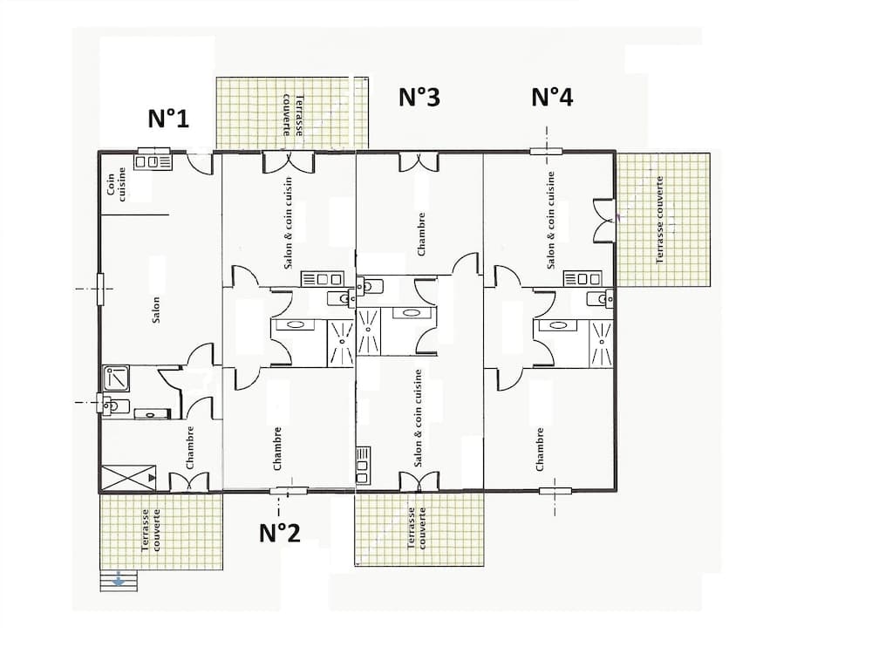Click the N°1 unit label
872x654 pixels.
(x=168, y=119)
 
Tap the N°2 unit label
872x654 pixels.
(x=279, y=532)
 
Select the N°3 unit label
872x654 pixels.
(x=419, y=97)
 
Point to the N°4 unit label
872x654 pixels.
(x=552, y=97)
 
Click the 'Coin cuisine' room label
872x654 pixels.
(x=116, y=185)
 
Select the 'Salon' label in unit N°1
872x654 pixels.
(x=156, y=310)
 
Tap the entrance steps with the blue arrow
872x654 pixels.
(x=119, y=581)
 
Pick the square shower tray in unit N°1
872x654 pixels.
(x=116, y=378)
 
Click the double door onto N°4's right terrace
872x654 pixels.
(x=603, y=221)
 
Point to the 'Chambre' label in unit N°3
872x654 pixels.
(x=422, y=234)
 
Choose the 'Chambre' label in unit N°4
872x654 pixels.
(x=540, y=448)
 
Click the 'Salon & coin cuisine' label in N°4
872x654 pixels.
(x=551, y=219)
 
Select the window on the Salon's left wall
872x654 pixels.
(x=100, y=288)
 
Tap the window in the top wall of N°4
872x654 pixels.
(x=545, y=151)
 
